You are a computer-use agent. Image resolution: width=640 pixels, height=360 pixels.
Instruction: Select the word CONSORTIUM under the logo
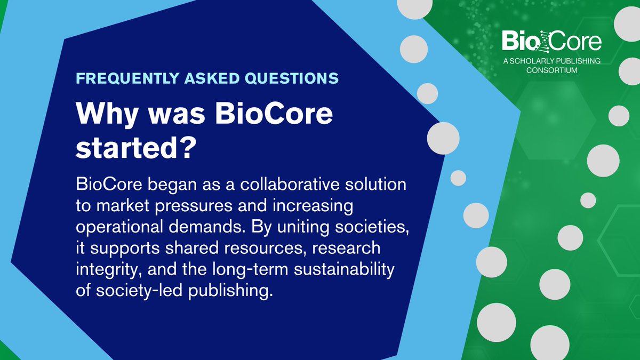tap(552, 70)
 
